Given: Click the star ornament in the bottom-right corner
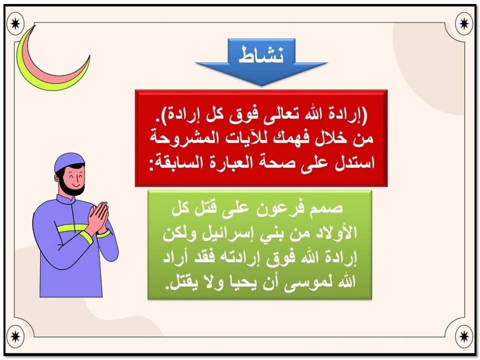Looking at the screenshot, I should click(x=464, y=335).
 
